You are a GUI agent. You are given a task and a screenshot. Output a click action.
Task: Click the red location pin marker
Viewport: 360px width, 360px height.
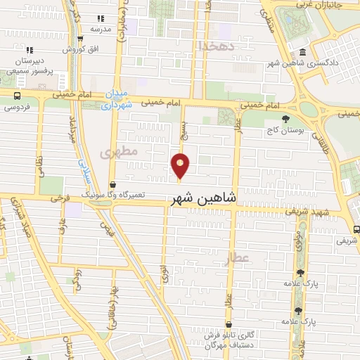[181, 164]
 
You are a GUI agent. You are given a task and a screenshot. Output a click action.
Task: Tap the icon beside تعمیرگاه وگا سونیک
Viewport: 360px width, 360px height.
[112, 184]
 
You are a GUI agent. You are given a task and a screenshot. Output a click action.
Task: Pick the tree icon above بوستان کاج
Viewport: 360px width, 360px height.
[284, 119]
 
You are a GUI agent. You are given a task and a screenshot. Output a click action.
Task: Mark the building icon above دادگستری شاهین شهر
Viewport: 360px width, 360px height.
[302, 52]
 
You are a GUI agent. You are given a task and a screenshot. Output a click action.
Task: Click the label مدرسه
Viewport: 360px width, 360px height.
[101, 29]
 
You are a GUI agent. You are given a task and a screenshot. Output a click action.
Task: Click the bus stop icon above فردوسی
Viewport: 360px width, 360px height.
[16, 96]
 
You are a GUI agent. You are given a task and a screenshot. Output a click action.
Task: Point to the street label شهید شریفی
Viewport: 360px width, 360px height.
[312, 212]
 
